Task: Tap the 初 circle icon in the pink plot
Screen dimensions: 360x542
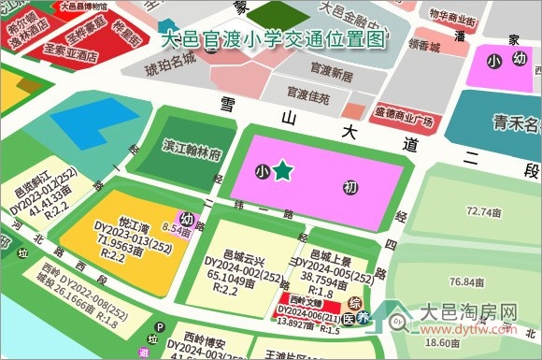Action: (350, 188)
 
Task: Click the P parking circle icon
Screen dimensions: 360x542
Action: (160, 328)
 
